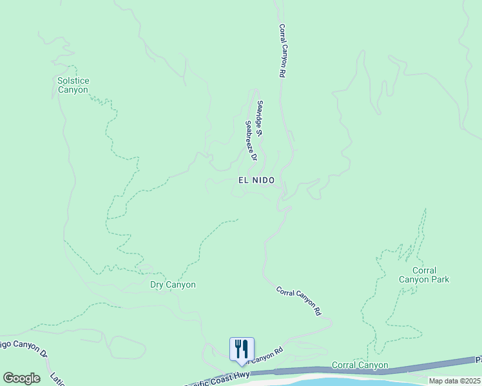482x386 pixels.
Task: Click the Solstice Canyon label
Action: click(73, 85)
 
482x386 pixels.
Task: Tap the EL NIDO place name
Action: click(256, 181)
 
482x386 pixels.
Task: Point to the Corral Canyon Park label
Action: click(423, 275)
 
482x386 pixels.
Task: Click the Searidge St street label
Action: click(260, 119)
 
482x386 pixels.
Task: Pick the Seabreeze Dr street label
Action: click(251, 140)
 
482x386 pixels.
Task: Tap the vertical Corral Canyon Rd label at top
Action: click(282, 51)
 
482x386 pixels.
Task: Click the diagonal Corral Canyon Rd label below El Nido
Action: click(298, 300)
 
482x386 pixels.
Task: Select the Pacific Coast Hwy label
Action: click(217, 378)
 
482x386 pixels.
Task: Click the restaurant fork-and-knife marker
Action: click(242, 349)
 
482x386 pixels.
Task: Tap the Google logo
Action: click(21, 378)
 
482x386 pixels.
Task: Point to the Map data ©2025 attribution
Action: click(454, 381)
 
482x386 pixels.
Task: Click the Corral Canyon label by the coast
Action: click(360, 365)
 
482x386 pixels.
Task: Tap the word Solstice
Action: click(73, 80)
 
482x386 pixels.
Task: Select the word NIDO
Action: click(264, 181)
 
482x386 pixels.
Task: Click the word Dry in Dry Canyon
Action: click(158, 284)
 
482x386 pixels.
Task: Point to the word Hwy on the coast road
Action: click(240, 374)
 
